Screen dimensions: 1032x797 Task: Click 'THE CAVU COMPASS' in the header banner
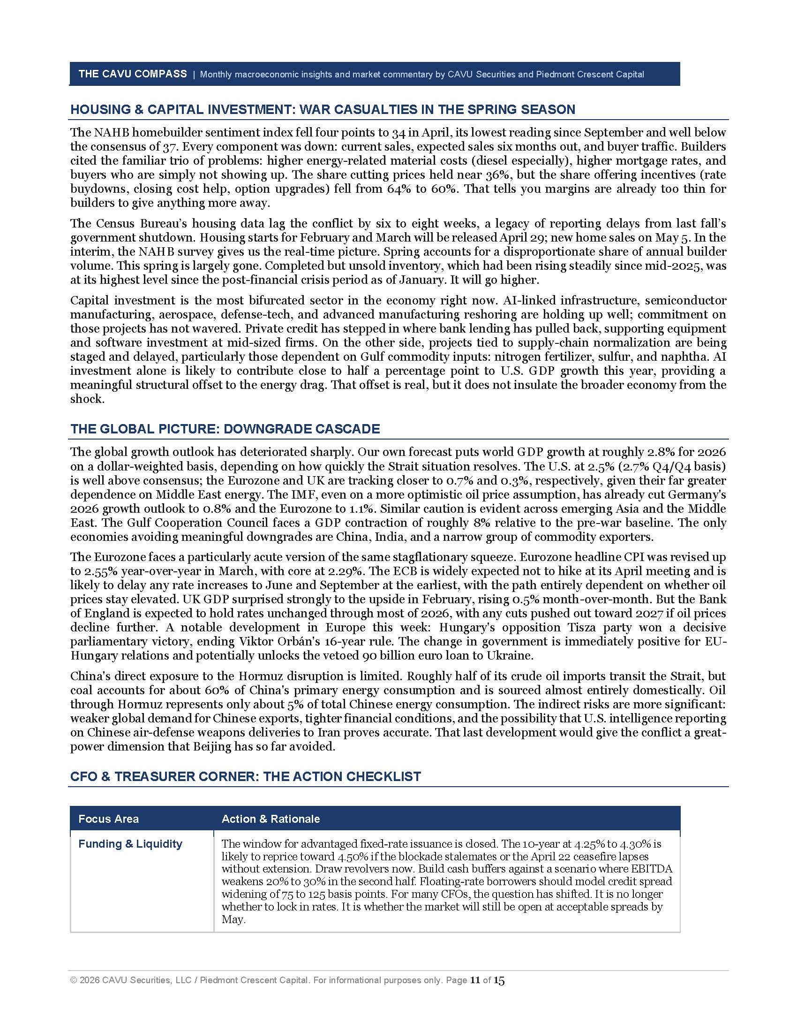(132, 74)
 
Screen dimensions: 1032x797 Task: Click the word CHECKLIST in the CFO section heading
(382, 777)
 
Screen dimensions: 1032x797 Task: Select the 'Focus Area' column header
(109, 819)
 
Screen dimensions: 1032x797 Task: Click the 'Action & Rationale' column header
(271, 819)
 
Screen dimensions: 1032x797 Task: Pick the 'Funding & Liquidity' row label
(130, 844)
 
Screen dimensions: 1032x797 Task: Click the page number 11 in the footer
(474, 980)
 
